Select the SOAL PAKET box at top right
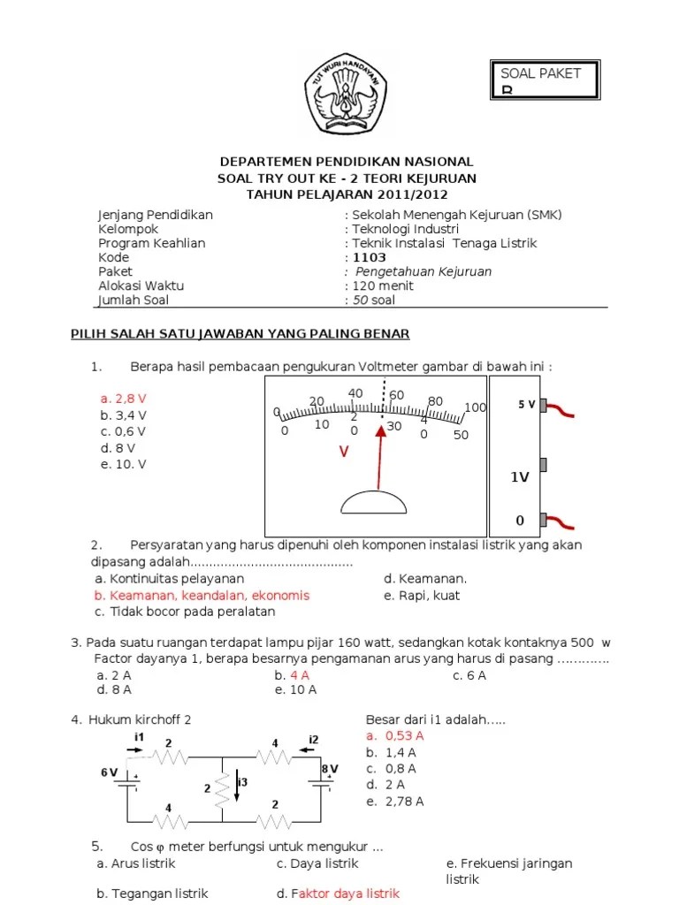545,80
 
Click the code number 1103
369,258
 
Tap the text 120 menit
383,286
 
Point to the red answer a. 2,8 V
123,399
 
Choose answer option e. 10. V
123,464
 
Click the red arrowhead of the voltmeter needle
381,431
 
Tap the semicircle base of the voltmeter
374,501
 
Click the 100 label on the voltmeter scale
475,407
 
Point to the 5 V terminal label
526,405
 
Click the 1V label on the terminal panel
519,477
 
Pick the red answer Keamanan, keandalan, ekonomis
202,596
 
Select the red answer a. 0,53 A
394,735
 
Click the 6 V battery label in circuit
110,772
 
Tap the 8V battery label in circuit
329,768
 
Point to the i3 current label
243,782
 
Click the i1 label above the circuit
139,737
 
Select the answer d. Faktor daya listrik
338,894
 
